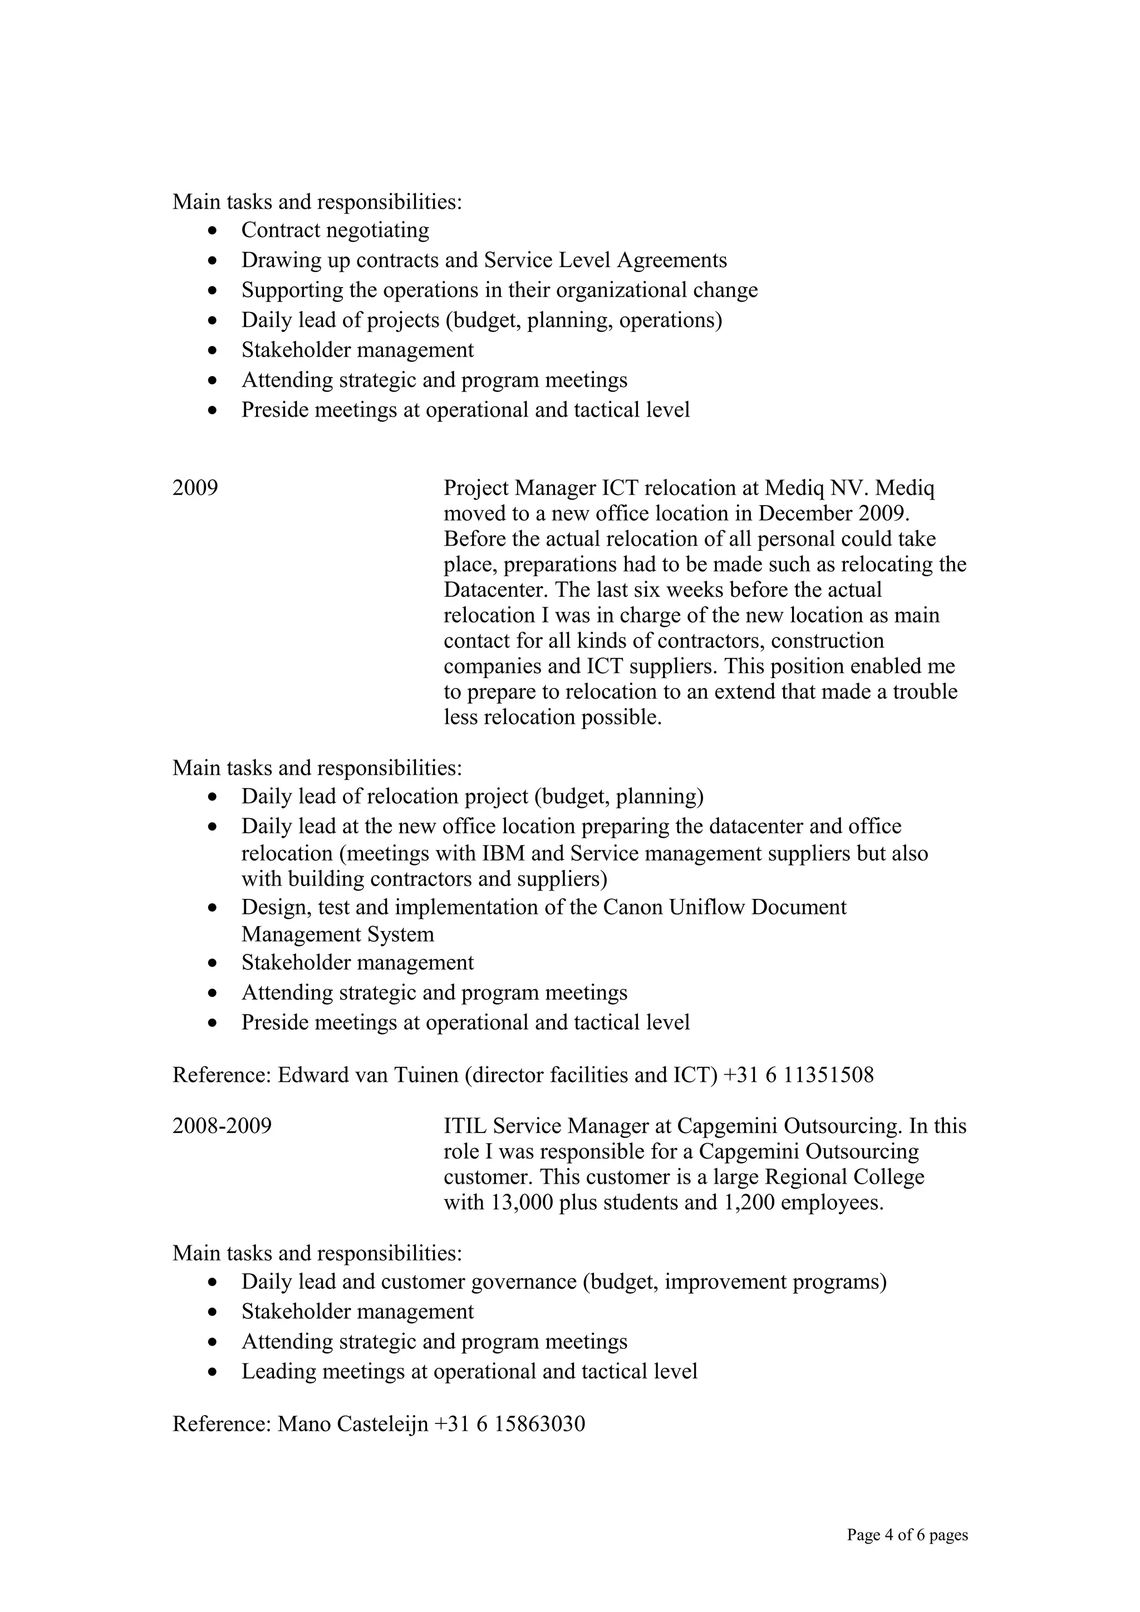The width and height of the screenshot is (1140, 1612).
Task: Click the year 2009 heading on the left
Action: [195, 487]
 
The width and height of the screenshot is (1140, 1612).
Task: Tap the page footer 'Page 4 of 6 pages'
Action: [907, 1534]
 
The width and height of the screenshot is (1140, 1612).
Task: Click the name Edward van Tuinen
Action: [367, 1075]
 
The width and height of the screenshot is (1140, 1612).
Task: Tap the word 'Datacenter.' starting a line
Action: [497, 589]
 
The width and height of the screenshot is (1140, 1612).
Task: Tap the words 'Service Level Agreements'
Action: [605, 260]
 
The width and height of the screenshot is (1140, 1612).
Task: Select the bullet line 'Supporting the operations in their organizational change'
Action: [499, 290]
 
